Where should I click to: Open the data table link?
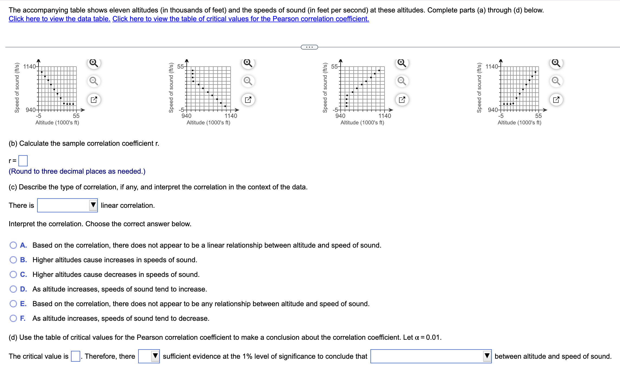[59, 19]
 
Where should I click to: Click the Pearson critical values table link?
[241, 19]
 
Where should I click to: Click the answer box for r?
[23, 161]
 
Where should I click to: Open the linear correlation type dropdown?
[67, 205]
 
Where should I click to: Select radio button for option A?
[13, 245]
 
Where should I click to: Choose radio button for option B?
[13, 260]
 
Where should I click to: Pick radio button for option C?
[13, 274]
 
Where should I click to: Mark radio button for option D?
[13, 289]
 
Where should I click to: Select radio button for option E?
[13, 304]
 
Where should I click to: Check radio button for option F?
[13, 318]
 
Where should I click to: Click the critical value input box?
[75, 356]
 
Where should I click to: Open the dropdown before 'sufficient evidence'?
[149, 356]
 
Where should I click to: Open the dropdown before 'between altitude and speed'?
[431, 356]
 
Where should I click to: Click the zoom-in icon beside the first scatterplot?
[94, 63]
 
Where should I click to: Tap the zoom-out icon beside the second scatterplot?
[248, 81]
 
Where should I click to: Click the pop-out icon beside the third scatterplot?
[402, 100]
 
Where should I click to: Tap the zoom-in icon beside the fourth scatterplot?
[556, 63]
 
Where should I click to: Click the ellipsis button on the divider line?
[309, 47]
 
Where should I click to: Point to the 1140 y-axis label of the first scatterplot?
[29, 67]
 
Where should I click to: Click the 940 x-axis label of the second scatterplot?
[186, 116]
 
